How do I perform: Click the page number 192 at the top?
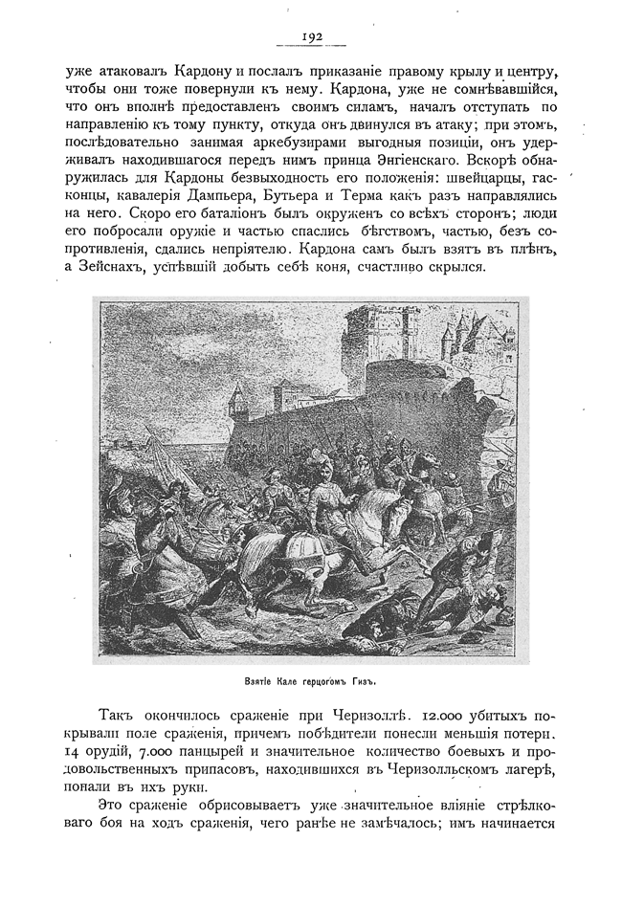tap(311, 35)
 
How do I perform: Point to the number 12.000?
tap(449, 713)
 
